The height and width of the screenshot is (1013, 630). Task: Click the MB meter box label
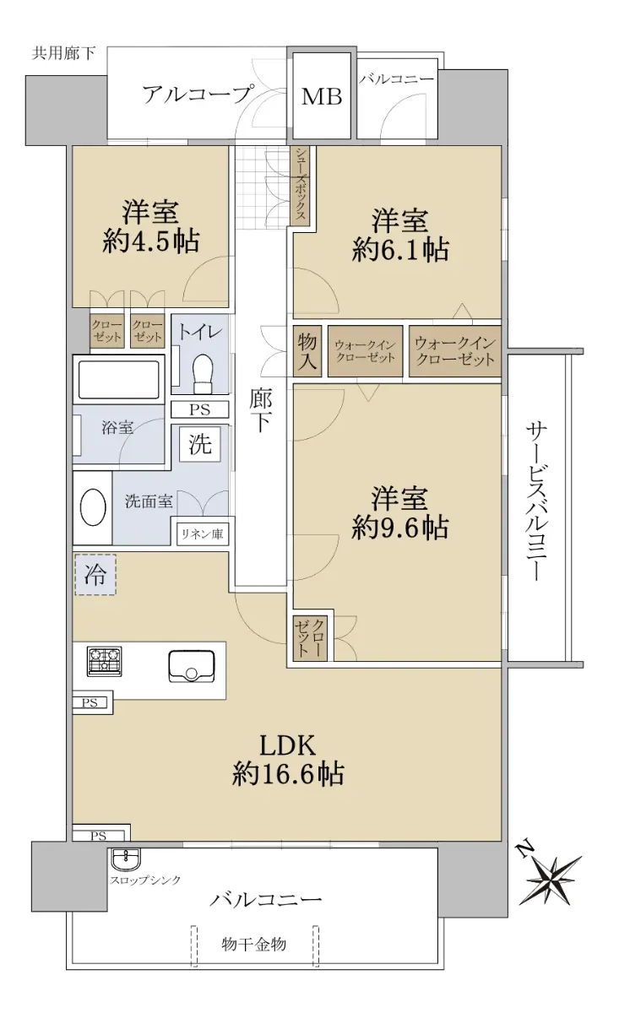click(x=322, y=96)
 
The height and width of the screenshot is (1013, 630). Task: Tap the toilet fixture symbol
click(x=202, y=373)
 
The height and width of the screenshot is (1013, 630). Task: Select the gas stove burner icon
click(x=105, y=661)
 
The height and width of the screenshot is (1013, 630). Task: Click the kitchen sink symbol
click(x=192, y=667)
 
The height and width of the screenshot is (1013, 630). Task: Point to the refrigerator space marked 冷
click(x=95, y=575)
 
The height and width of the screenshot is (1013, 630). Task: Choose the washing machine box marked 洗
click(x=200, y=444)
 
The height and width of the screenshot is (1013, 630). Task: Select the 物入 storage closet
click(x=307, y=351)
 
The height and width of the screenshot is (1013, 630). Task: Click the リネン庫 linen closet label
click(x=202, y=534)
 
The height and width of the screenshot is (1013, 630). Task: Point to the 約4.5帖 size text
click(x=150, y=241)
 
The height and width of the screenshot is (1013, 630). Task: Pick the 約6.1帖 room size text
click(x=400, y=250)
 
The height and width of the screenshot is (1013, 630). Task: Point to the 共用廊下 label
click(x=63, y=53)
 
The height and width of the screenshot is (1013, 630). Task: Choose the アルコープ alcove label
click(x=197, y=95)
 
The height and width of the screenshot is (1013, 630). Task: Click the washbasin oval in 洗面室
click(x=93, y=507)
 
